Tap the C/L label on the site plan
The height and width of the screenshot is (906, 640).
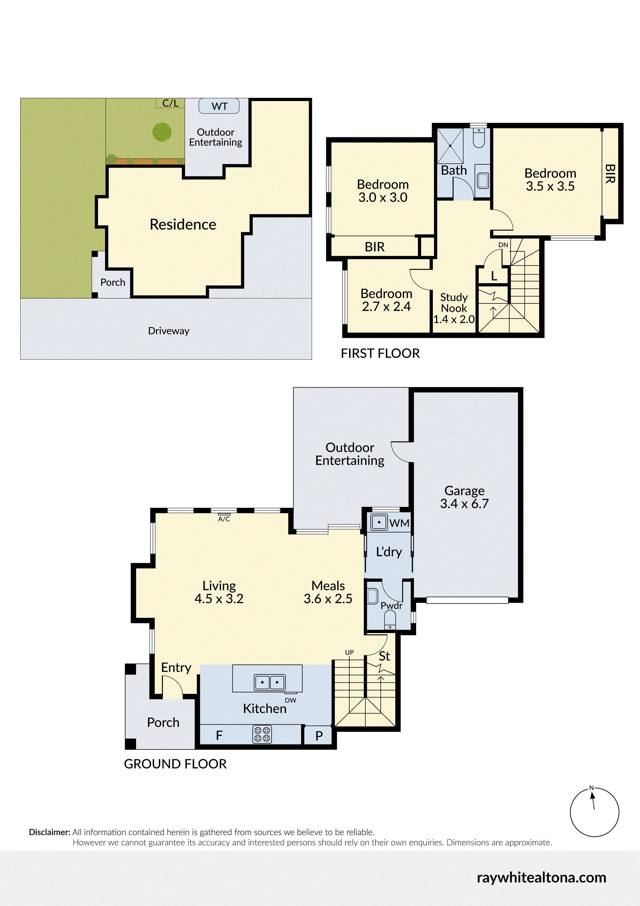[170, 103]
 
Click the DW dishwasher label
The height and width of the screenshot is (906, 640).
[291, 700]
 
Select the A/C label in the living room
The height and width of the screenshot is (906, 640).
[224, 519]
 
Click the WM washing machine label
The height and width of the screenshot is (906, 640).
[399, 523]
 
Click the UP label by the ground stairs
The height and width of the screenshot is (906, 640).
[349, 653]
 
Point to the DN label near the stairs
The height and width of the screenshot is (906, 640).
[503, 245]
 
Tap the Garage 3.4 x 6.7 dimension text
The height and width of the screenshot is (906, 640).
[465, 504]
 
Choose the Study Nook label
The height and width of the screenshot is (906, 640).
[454, 303]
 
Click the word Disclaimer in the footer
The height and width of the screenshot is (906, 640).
[49, 832]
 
